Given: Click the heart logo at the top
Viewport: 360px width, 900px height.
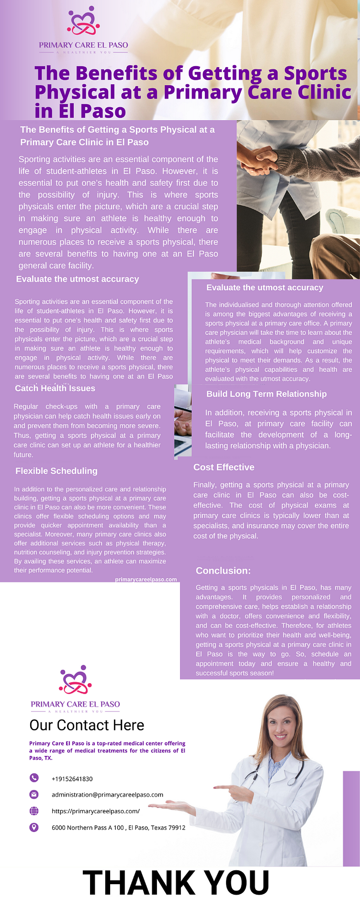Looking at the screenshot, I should (x=83, y=22).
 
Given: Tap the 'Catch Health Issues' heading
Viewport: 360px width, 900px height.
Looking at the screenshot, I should (x=55, y=388).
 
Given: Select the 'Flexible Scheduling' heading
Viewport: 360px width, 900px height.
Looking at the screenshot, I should (x=56, y=471).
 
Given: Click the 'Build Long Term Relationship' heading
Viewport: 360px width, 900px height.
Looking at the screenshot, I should (x=266, y=394).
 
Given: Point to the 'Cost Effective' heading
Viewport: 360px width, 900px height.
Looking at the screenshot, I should (x=224, y=467).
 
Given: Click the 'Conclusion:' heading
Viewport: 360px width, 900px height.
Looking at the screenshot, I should (x=223, y=571).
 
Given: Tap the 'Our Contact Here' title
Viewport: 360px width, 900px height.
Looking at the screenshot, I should (x=87, y=725).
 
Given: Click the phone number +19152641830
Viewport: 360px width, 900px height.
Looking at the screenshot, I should (x=72, y=779).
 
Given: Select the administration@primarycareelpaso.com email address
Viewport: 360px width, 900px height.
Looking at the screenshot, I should (x=107, y=795).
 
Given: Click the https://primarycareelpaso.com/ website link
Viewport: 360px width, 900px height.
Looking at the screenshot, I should (x=96, y=811).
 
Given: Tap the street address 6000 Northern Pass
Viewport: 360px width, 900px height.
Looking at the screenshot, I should (x=118, y=828).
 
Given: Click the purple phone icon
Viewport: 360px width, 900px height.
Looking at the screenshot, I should (x=34, y=778).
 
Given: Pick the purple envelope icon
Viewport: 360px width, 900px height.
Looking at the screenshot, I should (x=34, y=794).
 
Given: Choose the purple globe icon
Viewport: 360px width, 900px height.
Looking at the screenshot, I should (x=34, y=811).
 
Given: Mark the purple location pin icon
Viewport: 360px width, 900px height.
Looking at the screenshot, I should (x=34, y=827).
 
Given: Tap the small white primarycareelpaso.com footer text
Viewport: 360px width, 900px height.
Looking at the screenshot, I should (x=146, y=579).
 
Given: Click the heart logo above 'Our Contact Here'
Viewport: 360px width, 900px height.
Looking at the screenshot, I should (x=75, y=680).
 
